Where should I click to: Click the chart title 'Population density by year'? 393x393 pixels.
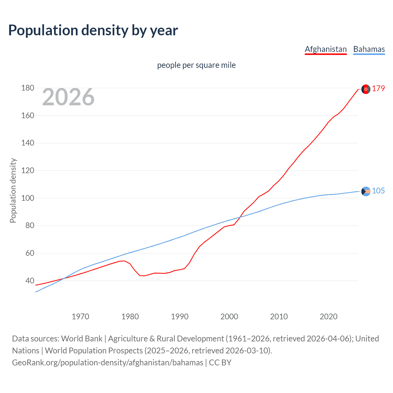[93, 30]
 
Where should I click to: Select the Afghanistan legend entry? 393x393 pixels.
[325, 49]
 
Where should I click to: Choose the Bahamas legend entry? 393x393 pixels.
[369, 49]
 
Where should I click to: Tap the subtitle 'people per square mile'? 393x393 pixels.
[196, 65]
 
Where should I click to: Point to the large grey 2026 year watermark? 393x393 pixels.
[68, 97]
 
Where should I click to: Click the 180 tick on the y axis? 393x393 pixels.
[28, 88]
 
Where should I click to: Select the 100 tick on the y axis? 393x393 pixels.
[28, 198]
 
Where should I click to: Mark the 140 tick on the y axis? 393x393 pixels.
[28, 143]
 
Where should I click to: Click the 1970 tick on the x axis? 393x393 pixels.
[80, 317]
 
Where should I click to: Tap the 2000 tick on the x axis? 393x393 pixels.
[229, 317]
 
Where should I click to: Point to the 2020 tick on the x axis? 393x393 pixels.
[329, 317]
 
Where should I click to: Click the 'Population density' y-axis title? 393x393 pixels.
[13, 190]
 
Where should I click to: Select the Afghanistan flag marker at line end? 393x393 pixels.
[366, 89]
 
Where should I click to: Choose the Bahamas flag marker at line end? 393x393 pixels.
[366, 191]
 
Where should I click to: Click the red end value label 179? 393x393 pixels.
[378, 89]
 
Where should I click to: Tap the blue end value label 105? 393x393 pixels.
[378, 191]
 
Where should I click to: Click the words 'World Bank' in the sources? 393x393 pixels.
[82, 339]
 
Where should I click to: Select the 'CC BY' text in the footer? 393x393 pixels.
[220, 363]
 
